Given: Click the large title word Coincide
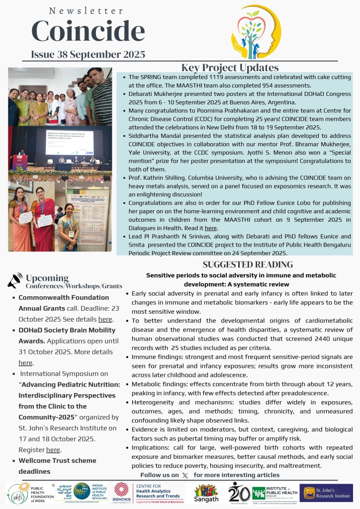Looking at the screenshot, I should tap(88, 31).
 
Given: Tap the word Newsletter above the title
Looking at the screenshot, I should tap(87, 10).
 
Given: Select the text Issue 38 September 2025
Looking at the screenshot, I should tap(88, 54).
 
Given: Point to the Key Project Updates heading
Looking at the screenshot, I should tap(230, 68).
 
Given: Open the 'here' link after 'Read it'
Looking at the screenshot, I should tap(211, 228).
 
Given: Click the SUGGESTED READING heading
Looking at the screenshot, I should tap(248, 264).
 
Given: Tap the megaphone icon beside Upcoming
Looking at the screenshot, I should tap(15, 280).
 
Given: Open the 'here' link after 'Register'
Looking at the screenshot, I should tap(53, 449).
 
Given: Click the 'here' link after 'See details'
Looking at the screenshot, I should tap(105, 319).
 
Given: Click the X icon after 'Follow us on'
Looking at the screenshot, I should tap(185, 475).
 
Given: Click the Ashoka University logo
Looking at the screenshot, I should tap(121, 492).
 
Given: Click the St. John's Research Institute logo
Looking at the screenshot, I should tap(326, 493).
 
